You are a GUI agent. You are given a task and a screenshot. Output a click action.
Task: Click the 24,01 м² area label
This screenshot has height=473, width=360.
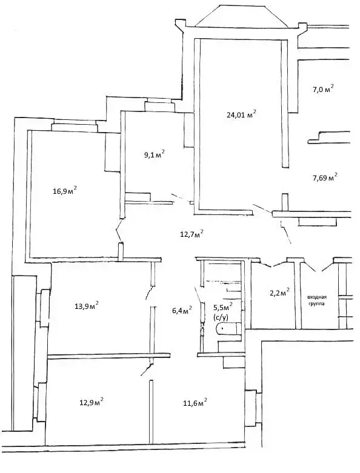pyautogui.click(x=236, y=113)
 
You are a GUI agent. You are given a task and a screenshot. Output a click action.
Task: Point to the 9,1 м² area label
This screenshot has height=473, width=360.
pyautogui.click(x=154, y=154)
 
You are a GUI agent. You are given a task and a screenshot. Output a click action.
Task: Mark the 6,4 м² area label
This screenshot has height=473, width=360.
pyautogui.click(x=182, y=311)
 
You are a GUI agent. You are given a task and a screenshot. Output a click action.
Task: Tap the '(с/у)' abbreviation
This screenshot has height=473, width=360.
pyautogui.click(x=221, y=317)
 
